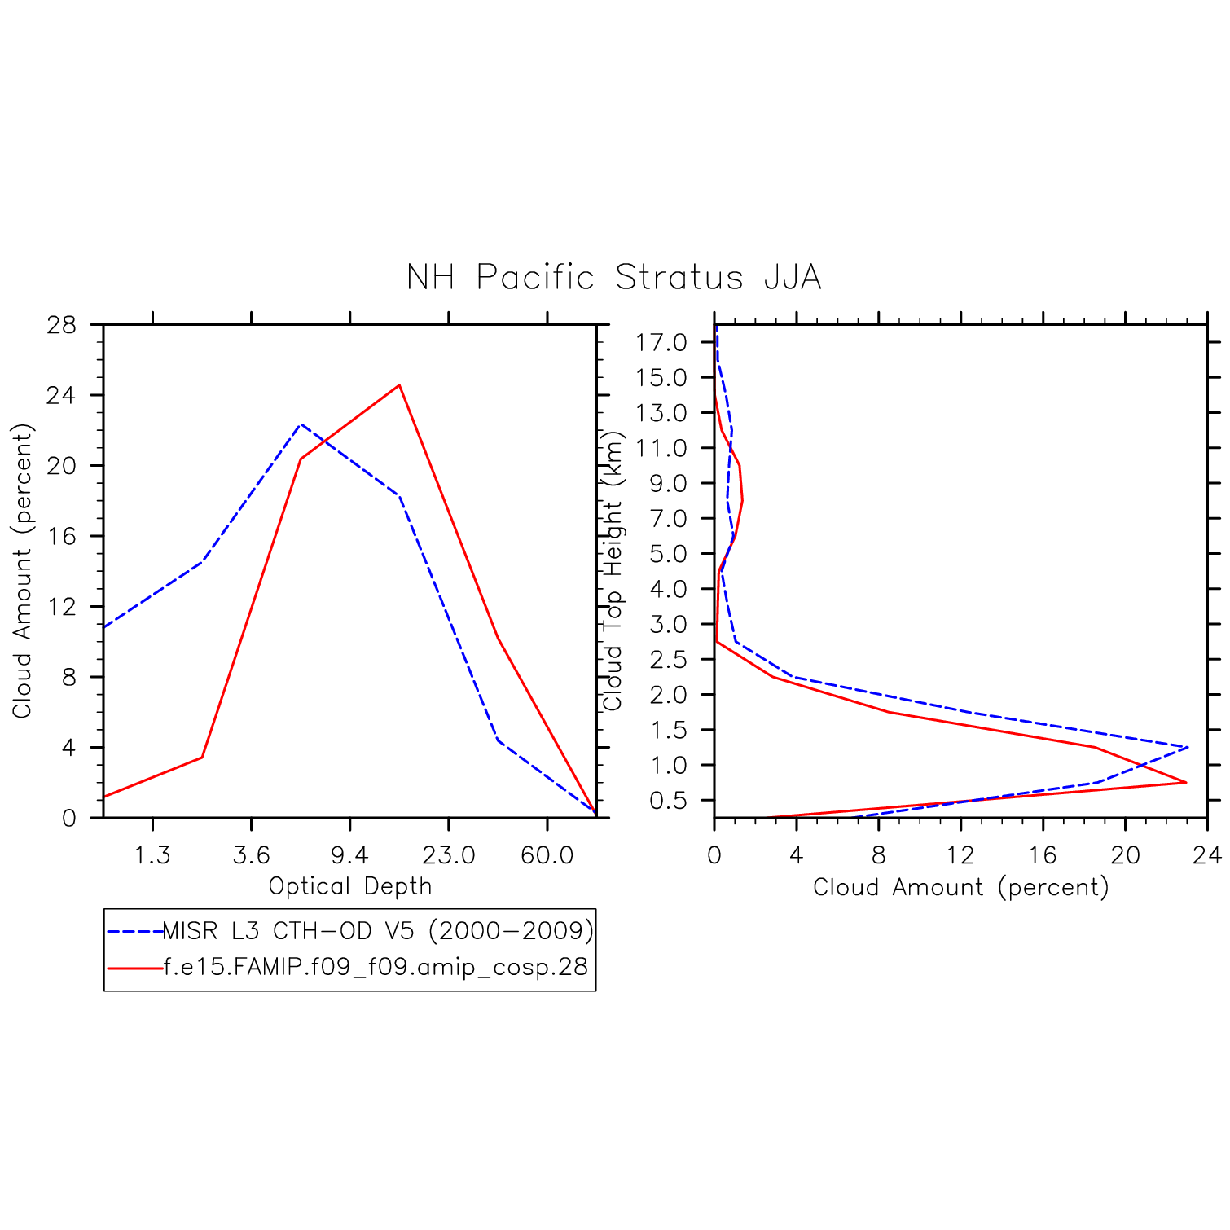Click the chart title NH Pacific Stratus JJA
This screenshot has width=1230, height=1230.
(613, 278)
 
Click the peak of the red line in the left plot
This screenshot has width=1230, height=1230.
(399, 385)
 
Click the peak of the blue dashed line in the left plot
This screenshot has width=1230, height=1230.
(301, 424)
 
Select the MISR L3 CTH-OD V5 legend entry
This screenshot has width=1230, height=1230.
(378, 930)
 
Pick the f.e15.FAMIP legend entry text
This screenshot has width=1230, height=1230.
(376, 967)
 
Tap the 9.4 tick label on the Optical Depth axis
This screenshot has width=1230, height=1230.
(349, 855)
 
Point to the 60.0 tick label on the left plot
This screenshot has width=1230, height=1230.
(547, 855)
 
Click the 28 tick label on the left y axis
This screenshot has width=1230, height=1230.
(61, 325)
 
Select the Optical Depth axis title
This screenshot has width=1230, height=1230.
(349, 886)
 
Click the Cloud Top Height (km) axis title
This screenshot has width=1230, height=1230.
(613, 570)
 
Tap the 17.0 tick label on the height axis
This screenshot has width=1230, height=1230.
(661, 343)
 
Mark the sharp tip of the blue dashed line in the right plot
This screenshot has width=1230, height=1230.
(1188, 747)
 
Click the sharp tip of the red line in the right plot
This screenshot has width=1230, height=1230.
(1185, 782)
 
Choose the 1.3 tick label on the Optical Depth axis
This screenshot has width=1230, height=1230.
(152, 855)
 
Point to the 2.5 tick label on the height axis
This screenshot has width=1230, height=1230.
(668, 660)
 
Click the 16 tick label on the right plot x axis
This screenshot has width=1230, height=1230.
(1043, 855)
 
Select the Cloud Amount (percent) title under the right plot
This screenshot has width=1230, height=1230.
(960, 887)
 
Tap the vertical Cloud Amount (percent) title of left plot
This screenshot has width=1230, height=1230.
(22, 570)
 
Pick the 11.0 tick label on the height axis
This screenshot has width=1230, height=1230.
(661, 448)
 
